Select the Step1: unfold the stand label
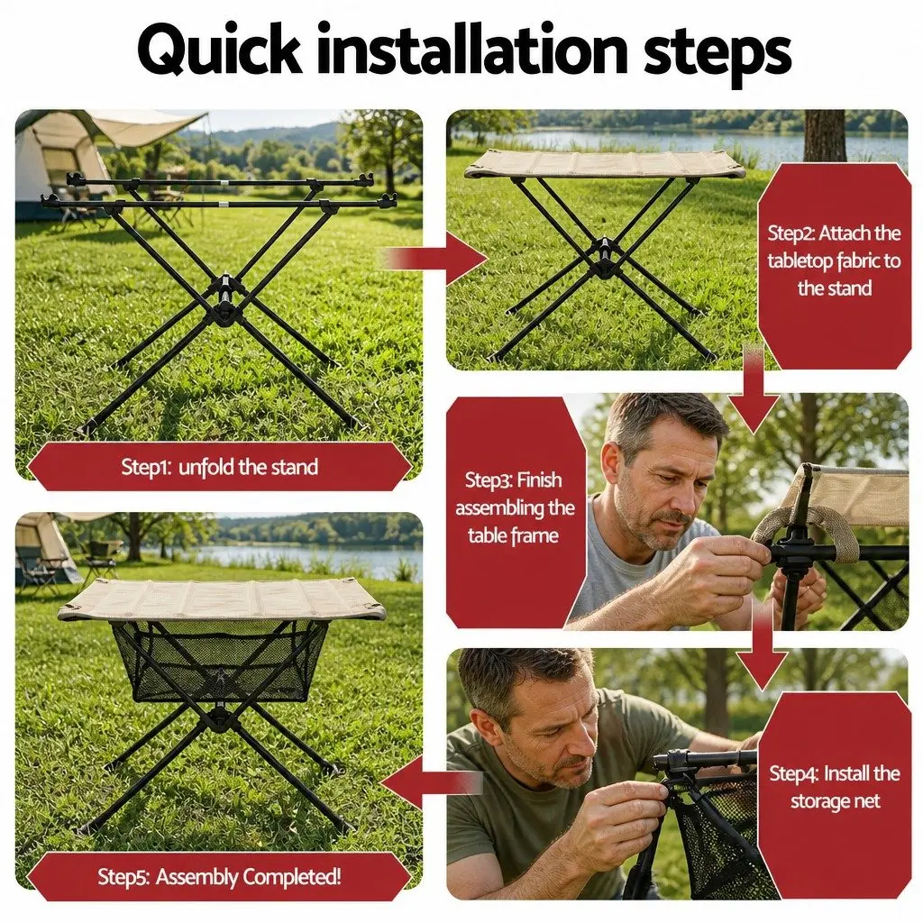tap(220, 467)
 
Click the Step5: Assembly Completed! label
tap(220, 876)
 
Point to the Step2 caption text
tap(834, 260)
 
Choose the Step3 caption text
tap(515, 507)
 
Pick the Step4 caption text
tap(835, 787)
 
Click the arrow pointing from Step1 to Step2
tap(435, 259)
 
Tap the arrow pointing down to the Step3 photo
tap(754, 388)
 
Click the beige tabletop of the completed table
tap(222, 599)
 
